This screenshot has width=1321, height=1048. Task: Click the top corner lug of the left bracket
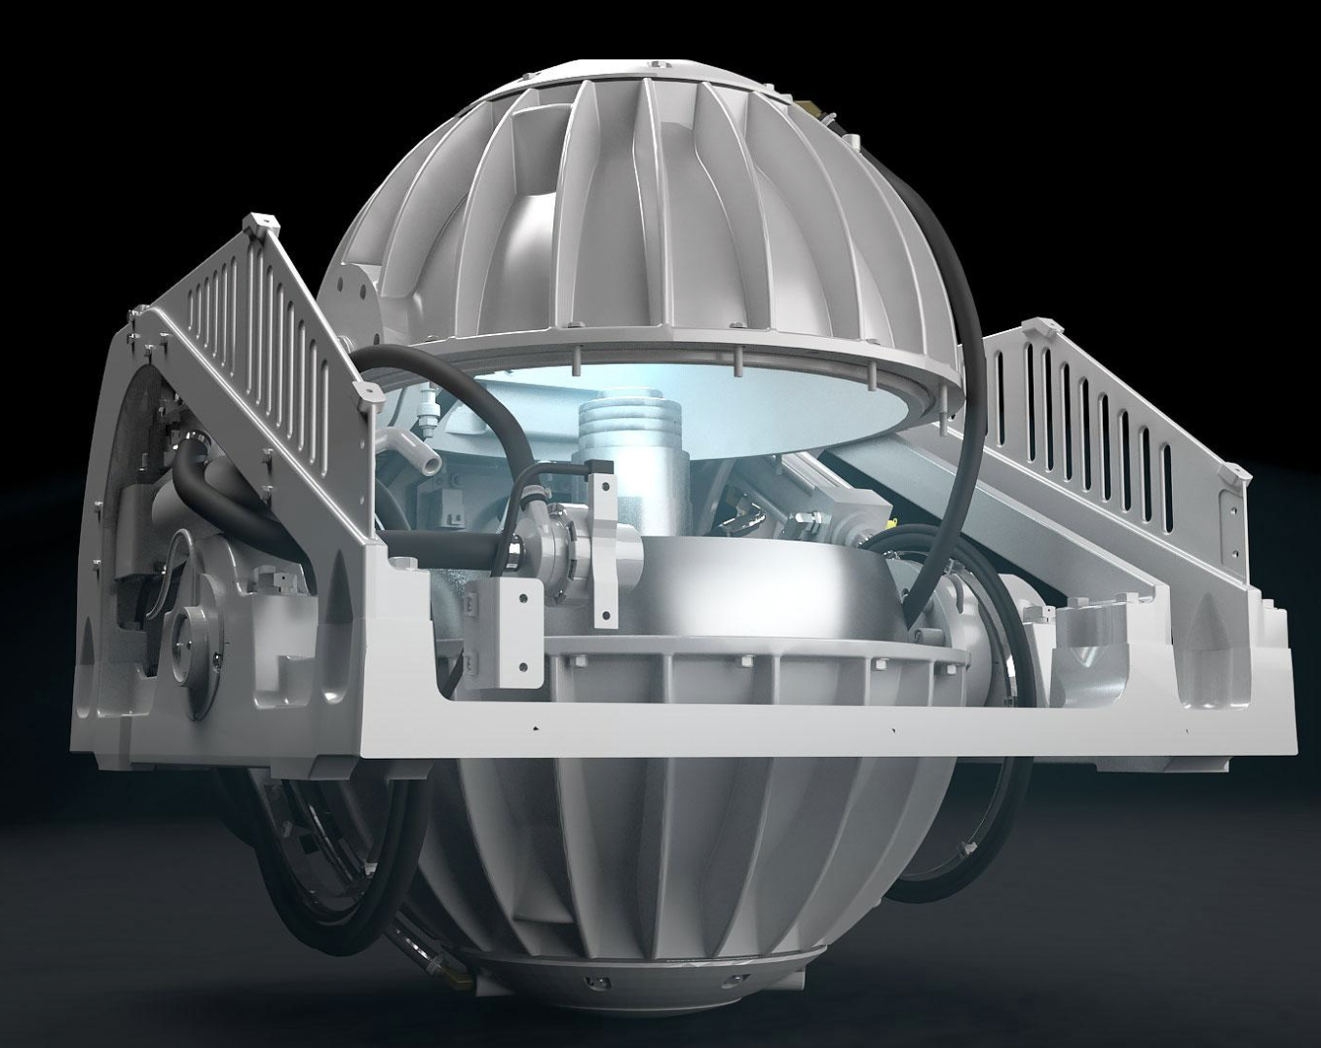coord(255,226)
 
